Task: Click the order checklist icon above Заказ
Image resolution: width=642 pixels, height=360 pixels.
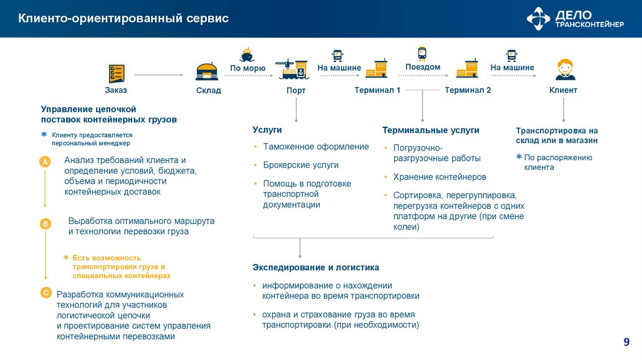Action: [x=116, y=73]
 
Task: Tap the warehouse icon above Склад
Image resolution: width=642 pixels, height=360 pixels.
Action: [x=208, y=72]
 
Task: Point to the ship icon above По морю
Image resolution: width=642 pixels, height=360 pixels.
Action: [x=247, y=55]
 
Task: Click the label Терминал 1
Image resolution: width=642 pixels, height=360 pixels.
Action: [x=377, y=90]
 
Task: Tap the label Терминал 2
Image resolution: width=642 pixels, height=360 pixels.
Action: [x=468, y=90]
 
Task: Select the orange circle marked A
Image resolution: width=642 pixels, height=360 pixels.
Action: [x=45, y=162]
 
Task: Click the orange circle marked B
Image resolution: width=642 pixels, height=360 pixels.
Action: [x=45, y=223]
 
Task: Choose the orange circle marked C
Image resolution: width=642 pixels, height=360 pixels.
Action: [x=45, y=293]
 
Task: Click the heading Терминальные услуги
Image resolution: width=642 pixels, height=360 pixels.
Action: [x=431, y=130]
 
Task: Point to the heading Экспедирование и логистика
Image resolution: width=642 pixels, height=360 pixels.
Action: [x=316, y=267]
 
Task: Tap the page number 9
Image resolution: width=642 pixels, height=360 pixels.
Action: [x=626, y=342]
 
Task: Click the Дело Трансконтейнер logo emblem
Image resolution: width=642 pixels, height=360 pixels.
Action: [x=538, y=19]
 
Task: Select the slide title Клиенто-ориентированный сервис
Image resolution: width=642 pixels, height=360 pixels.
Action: [x=123, y=19]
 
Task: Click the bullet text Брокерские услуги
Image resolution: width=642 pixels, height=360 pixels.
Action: [x=301, y=165]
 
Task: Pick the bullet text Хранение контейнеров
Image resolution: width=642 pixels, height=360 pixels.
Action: [x=439, y=177]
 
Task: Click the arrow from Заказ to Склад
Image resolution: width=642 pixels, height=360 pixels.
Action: [x=159, y=75]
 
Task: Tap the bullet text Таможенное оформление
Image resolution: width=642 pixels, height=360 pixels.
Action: [x=316, y=147]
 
